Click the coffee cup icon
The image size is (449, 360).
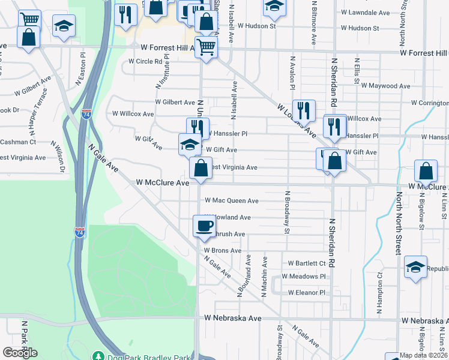(203, 226)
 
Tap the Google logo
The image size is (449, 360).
(20, 353)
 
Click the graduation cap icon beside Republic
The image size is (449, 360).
(415, 268)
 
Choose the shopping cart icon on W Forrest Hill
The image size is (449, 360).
(206, 47)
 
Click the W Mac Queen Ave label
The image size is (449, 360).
(232, 201)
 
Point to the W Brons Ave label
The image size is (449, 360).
(222, 250)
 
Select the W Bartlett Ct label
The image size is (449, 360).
(307, 263)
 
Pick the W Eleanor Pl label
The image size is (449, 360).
(306, 293)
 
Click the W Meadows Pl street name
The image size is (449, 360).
(306, 277)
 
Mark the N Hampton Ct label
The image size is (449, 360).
(379, 294)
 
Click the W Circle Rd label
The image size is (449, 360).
(146, 61)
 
